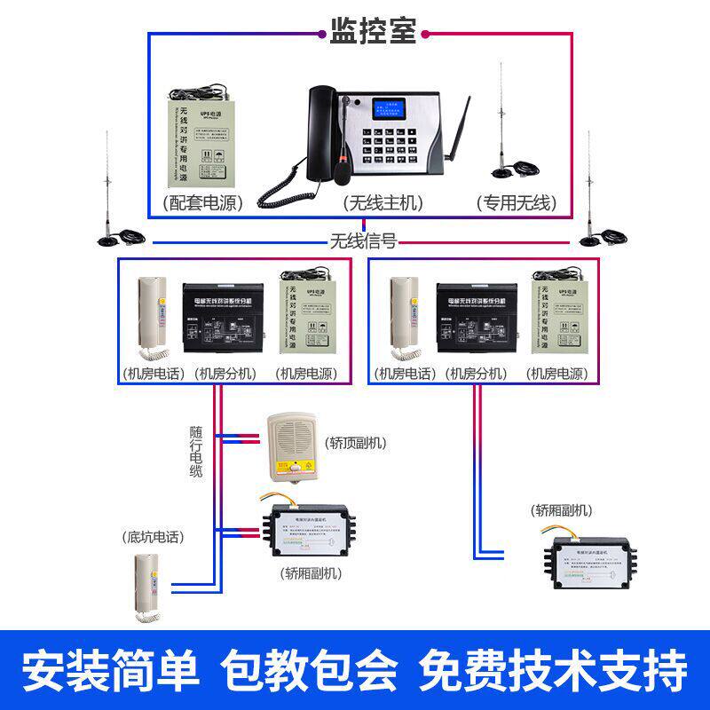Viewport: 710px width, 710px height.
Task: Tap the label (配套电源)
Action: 203,202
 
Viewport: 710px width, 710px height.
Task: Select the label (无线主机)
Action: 383,202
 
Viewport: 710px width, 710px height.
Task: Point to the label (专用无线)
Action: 516,202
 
